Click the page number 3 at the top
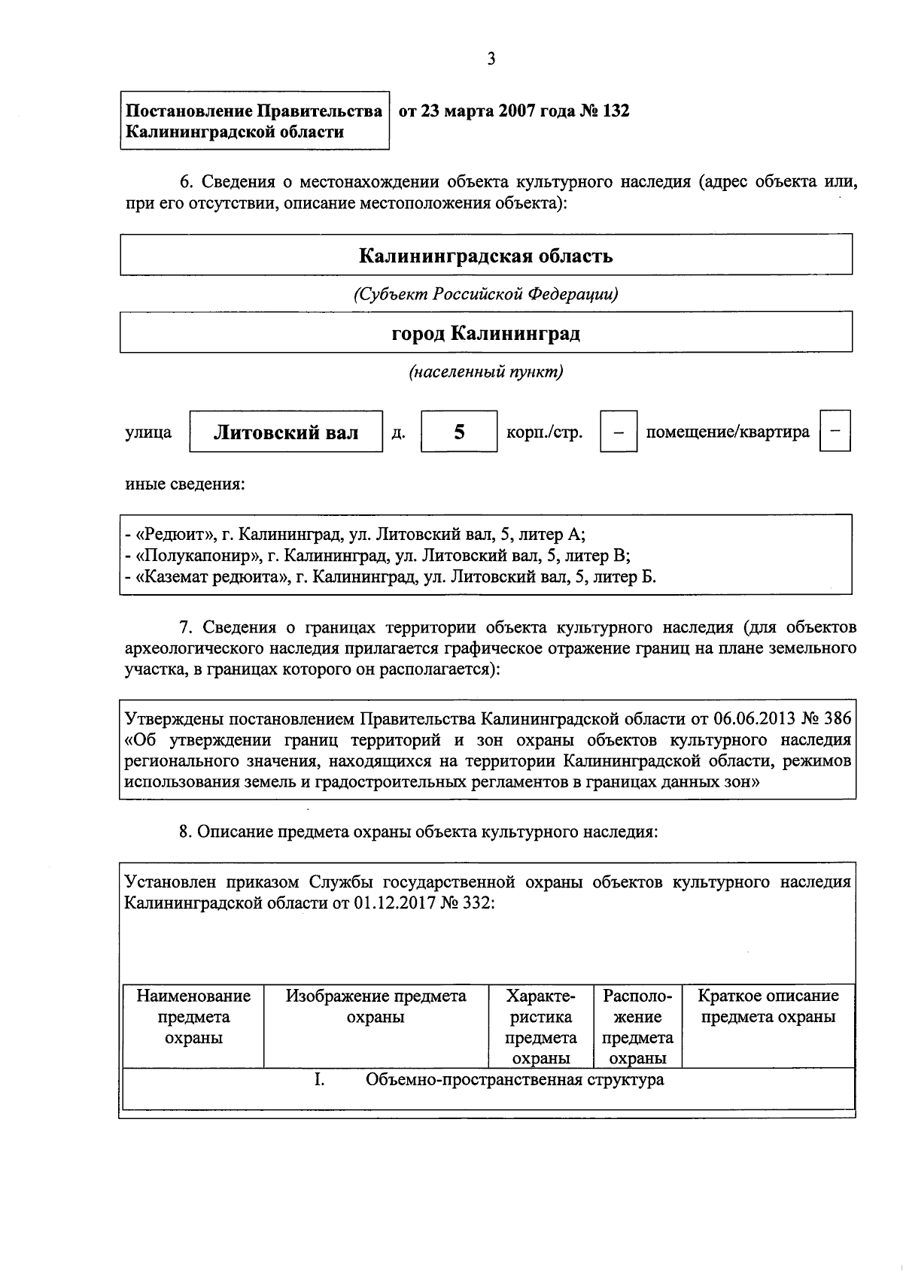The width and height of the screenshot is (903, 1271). coord(491,59)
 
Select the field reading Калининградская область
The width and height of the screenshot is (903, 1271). coord(485,256)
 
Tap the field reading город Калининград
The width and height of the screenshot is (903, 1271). coord(485,333)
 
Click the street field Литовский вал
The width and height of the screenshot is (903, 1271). coord(286,432)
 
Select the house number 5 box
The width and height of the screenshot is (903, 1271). coord(459,432)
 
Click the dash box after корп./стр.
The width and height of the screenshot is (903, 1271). coord(619,432)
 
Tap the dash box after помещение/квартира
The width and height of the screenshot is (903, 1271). coord(835,432)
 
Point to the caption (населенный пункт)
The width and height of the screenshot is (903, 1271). coord(485,372)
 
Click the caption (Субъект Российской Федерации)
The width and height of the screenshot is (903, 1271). coord(485,294)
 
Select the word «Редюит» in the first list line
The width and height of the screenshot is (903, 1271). coord(175,535)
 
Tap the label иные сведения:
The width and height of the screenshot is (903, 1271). coord(184,484)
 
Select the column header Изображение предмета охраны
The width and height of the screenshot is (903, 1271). coord(375,1006)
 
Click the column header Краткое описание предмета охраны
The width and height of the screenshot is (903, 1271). coord(768,1006)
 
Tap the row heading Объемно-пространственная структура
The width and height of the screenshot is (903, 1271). coord(515,1080)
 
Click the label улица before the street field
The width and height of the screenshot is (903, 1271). coord(148,432)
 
